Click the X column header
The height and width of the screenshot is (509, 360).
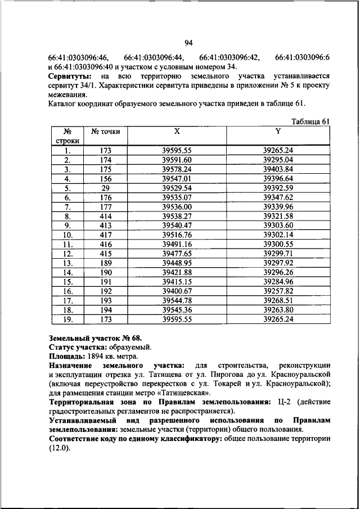177,131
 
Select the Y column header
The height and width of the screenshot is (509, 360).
278,131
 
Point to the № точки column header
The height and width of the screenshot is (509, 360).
105,132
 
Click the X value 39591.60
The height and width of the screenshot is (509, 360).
177,160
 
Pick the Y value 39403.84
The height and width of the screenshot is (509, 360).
278,169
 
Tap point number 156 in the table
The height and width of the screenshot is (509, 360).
105,178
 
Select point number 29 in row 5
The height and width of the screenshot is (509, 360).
105,188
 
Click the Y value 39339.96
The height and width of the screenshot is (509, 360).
278,206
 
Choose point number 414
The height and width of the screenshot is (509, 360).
105,216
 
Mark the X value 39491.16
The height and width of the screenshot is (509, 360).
177,244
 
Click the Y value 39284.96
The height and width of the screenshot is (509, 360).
278,281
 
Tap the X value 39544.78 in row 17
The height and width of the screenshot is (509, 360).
177,300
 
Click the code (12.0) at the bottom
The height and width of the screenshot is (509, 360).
59,448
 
